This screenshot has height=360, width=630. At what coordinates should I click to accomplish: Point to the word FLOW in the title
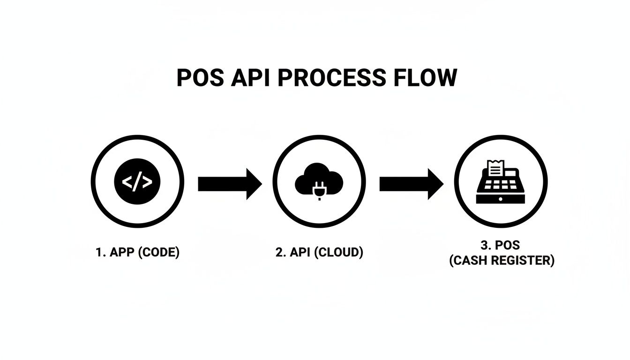coord(424,78)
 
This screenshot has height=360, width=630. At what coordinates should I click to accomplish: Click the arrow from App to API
coord(229,184)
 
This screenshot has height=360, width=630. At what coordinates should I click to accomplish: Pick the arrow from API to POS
coord(411,184)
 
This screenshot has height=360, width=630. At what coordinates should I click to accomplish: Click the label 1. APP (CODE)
coord(137,252)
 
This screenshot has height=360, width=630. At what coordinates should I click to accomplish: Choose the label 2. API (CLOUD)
coord(319,252)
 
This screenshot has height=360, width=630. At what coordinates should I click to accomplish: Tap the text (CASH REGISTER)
coord(502,261)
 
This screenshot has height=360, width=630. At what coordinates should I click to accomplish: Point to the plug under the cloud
coord(319,192)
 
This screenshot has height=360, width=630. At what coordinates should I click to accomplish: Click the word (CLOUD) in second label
coord(338,252)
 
